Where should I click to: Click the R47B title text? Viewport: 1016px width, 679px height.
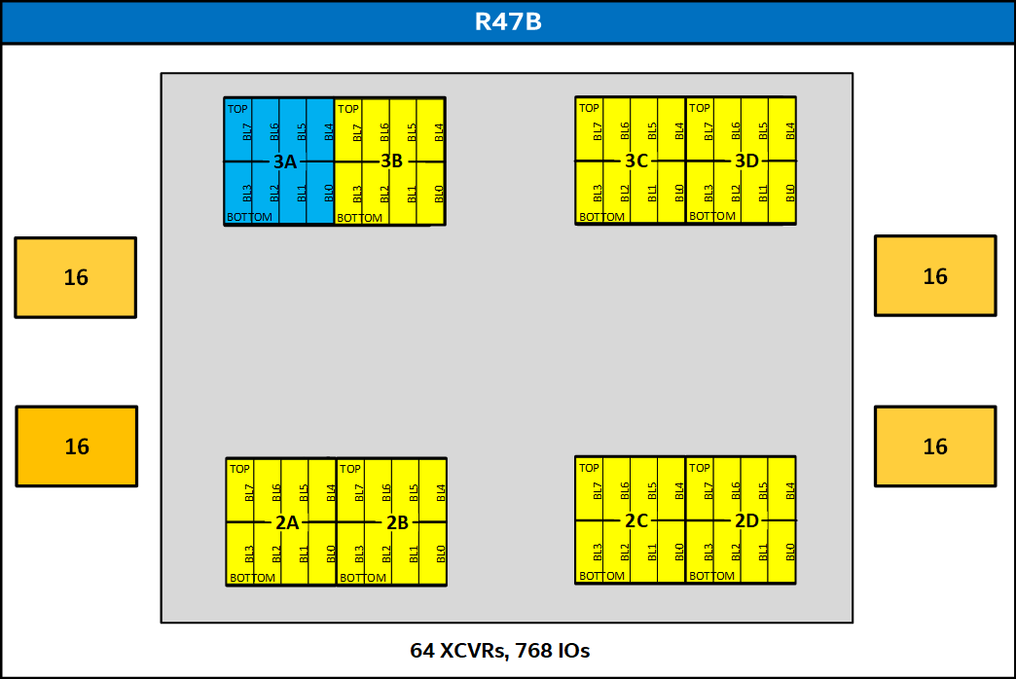point(508,21)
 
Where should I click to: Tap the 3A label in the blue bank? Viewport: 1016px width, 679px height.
point(285,161)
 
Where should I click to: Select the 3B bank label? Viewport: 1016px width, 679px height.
point(391,161)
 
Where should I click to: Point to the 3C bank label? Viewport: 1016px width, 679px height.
point(636,161)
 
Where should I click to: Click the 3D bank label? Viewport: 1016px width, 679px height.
point(746,161)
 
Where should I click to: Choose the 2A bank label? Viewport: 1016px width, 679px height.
point(287,522)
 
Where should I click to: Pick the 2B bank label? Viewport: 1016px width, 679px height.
point(397,522)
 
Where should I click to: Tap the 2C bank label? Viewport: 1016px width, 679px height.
point(636,520)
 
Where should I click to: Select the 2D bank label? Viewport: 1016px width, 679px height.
point(746,520)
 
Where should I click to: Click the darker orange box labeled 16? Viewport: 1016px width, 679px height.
point(77,447)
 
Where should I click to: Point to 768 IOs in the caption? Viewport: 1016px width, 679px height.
point(553,650)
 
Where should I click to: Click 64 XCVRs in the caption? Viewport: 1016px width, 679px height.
point(458,650)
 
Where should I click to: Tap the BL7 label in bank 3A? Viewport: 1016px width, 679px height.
point(247,131)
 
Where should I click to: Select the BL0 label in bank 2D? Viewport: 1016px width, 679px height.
point(790,552)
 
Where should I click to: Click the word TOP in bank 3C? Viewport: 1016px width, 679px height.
point(589,108)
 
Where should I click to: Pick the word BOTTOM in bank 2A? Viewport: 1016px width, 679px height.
point(252,578)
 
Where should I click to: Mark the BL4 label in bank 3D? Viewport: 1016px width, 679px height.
point(790,131)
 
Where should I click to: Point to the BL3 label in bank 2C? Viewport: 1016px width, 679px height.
point(598,552)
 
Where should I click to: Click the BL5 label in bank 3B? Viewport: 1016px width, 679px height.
point(412,132)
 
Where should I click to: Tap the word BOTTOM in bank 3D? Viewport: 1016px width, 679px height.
point(712,216)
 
